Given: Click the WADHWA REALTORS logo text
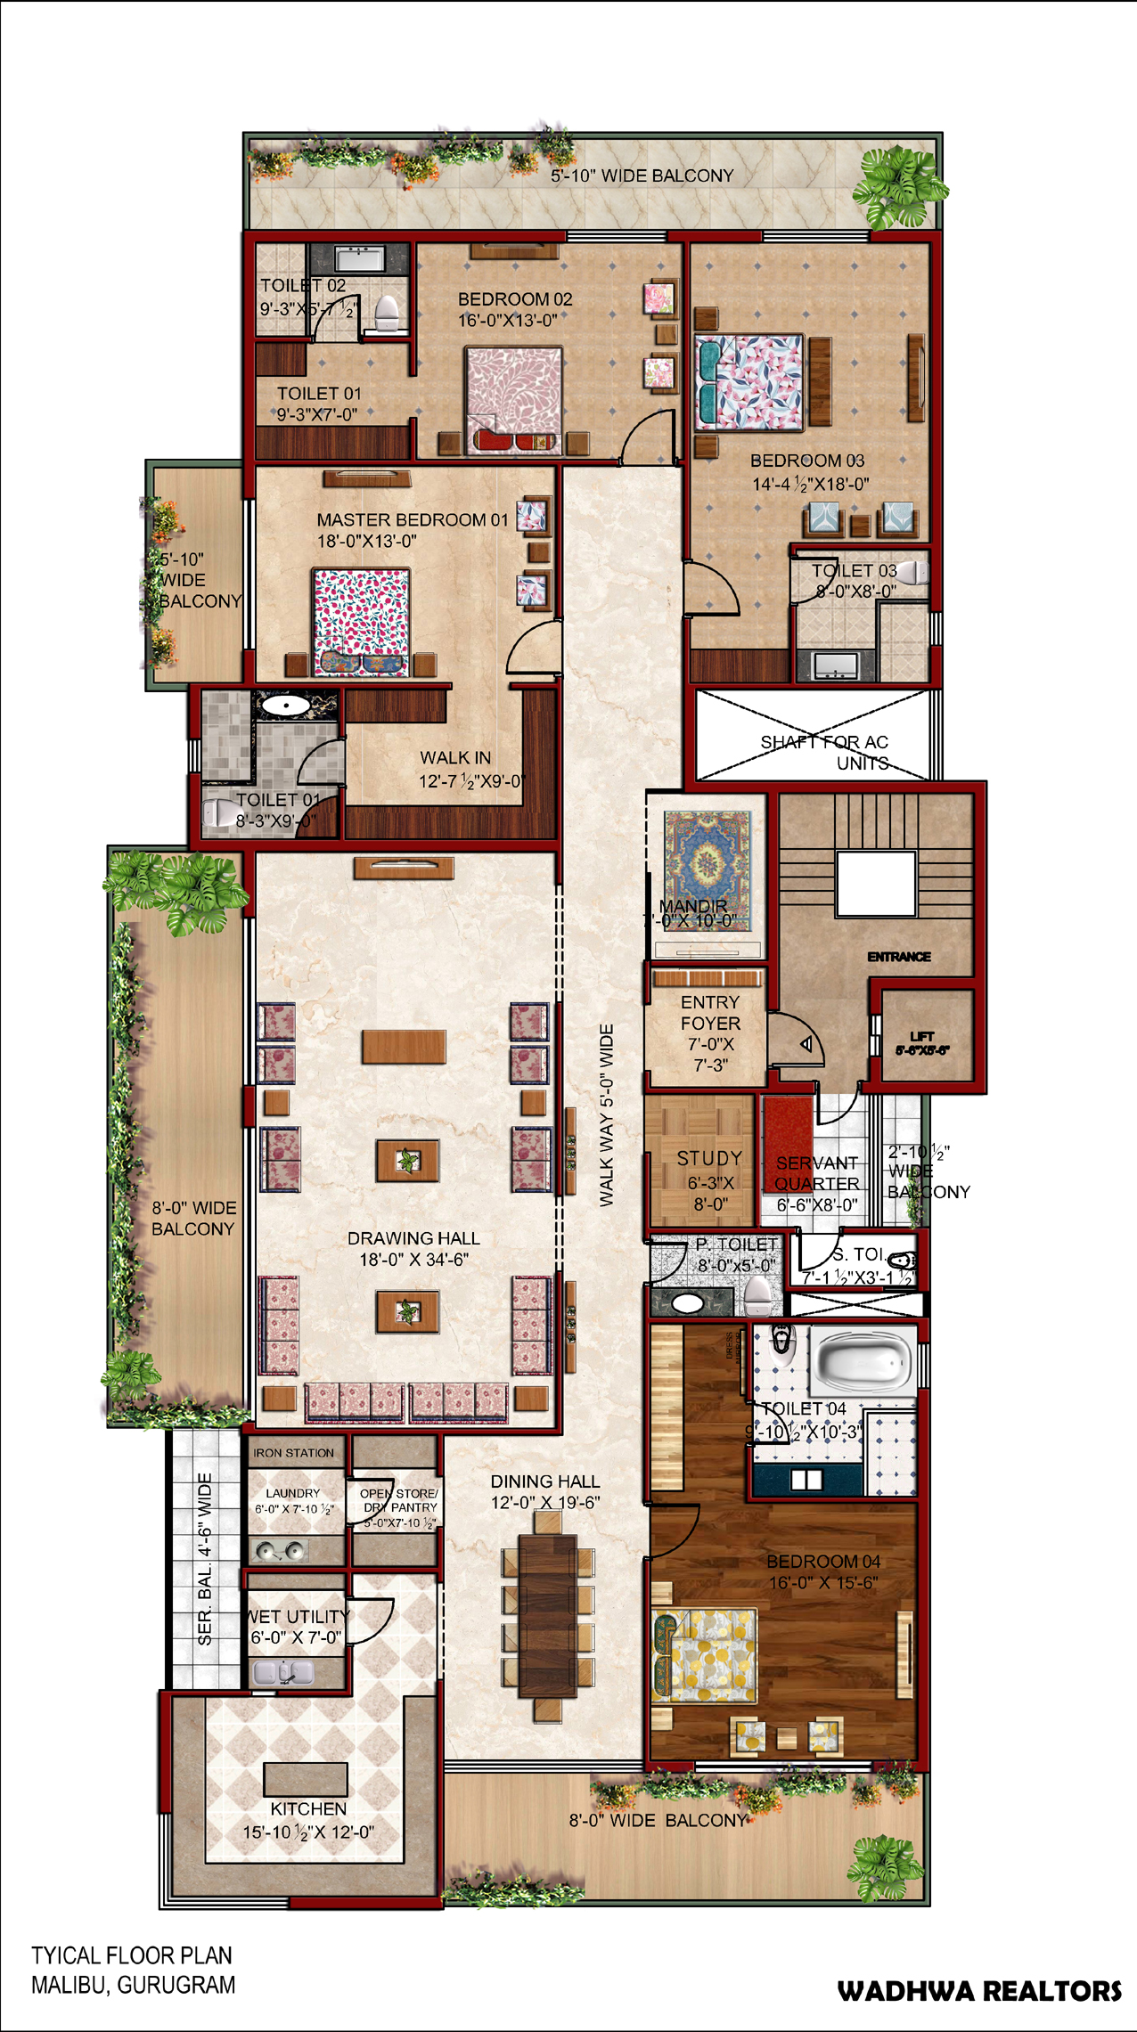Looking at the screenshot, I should pos(978,1991).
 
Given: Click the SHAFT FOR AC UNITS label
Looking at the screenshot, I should pos(824,752).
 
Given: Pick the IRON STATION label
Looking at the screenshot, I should pos(293,1453).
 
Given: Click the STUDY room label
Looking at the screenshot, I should pos(709,1158).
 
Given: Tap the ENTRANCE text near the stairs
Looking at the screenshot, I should pos(899,957).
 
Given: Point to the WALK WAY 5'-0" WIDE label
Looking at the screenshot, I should pos(607,1115).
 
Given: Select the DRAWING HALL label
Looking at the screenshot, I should pos(413,1238).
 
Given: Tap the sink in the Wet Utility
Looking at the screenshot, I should pos(283,1672).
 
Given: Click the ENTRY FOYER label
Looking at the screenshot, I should pos(710,1013).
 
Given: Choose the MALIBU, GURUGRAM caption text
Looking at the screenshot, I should pos(134,1985).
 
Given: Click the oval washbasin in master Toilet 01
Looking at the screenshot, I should pos(284,706).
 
